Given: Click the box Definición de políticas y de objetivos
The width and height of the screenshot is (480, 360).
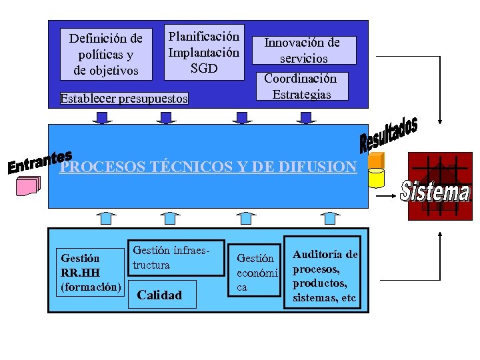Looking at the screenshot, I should pyautogui.click(x=105, y=53).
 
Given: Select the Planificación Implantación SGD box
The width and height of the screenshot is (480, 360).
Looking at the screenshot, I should pyautogui.click(x=204, y=52).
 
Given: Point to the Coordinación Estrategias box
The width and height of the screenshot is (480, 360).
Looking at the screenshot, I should pyautogui.click(x=300, y=87).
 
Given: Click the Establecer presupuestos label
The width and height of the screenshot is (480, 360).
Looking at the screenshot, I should pyautogui.click(x=124, y=99).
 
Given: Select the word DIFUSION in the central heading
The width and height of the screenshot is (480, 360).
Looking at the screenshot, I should pyautogui.click(x=317, y=167).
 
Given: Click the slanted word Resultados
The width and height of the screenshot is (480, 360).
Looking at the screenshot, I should pyautogui.click(x=389, y=133).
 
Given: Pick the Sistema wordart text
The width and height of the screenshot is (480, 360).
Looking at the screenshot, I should pyautogui.click(x=435, y=191).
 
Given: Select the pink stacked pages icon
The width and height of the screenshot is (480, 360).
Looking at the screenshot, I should pyautogui.click(x=29, y=186).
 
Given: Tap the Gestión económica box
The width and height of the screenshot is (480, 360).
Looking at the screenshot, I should pyautogui.click(x=256, y=272).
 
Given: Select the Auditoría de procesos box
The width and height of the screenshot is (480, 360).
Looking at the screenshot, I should pyautogui.click(x=323, y=273).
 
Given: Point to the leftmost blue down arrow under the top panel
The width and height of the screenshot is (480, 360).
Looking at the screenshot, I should pyautogui.click(x=103, y=118).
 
